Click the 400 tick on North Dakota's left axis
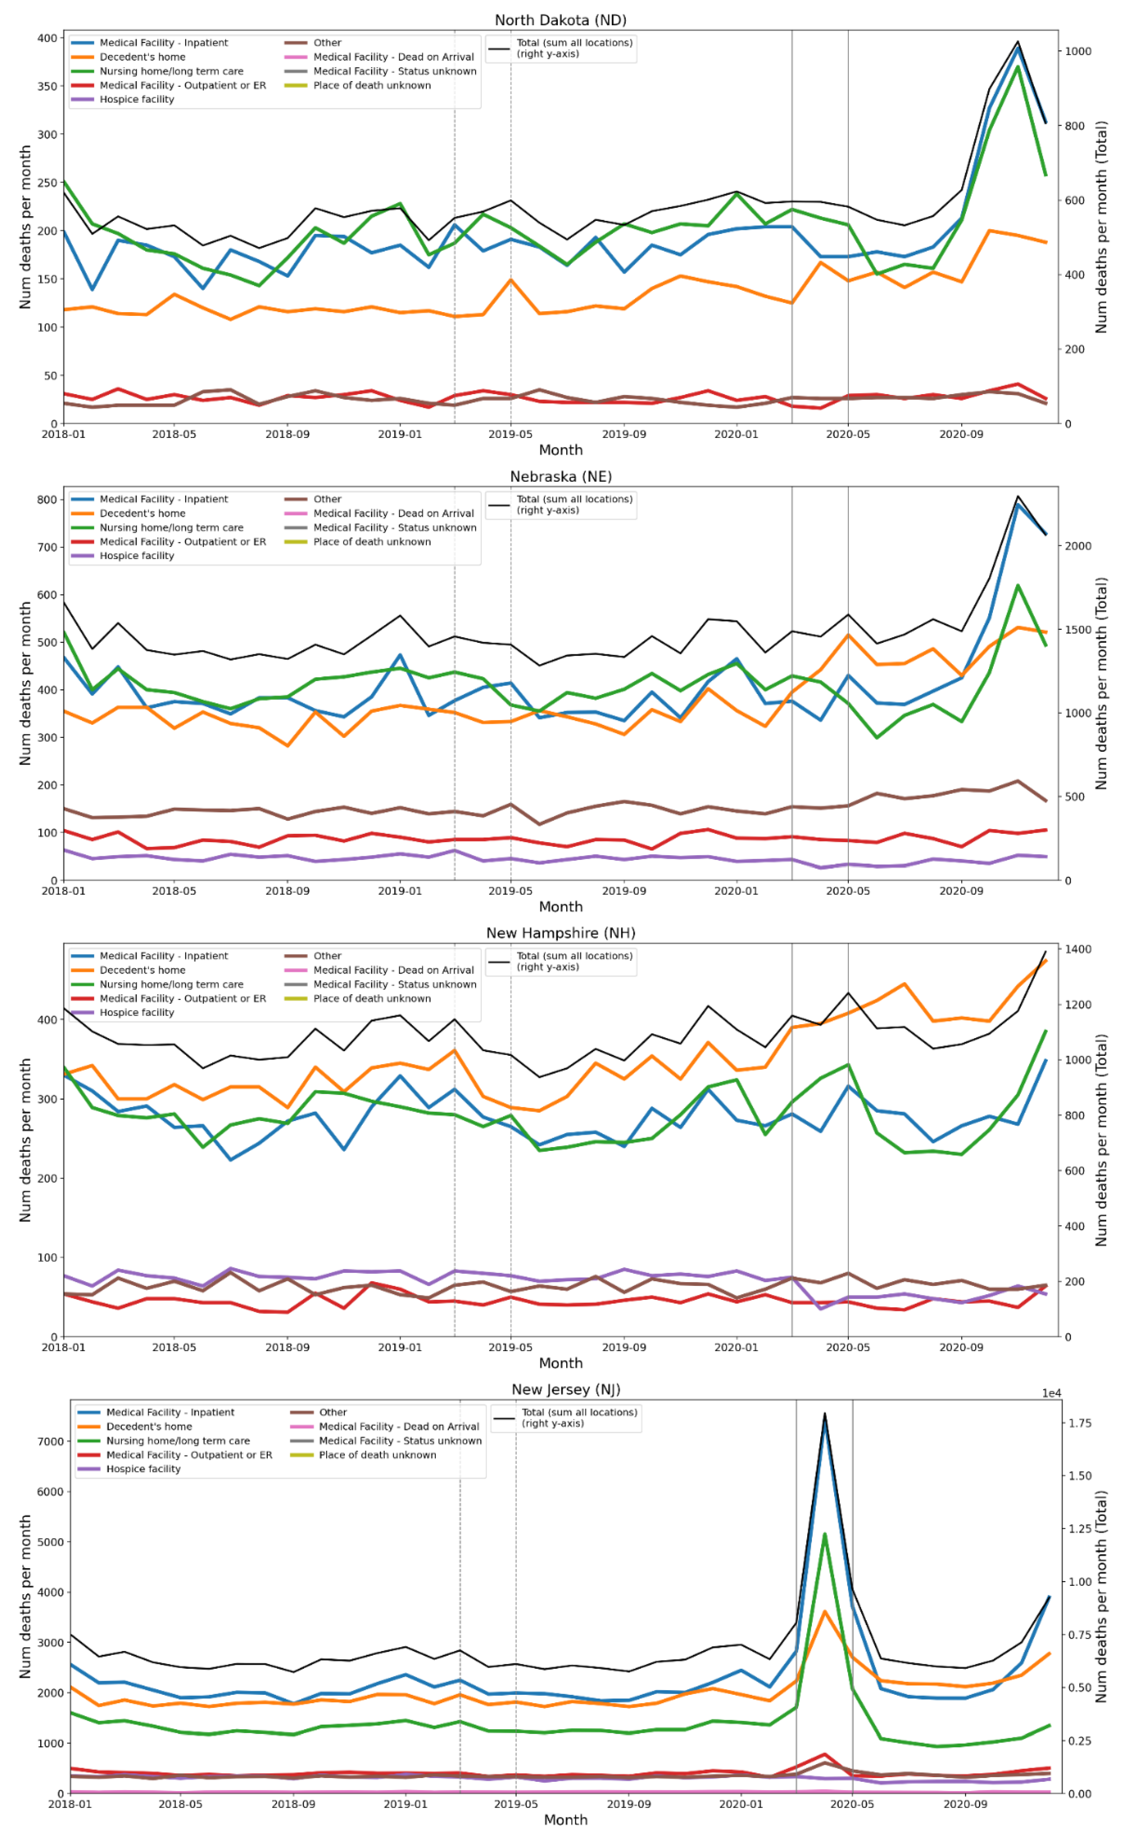[47, 38]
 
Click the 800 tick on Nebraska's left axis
[47, 500]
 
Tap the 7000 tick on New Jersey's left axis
[50, 1441]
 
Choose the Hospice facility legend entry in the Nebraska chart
[137, 556]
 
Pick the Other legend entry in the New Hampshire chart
[327, 956]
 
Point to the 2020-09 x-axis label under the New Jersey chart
[965, 1804]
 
